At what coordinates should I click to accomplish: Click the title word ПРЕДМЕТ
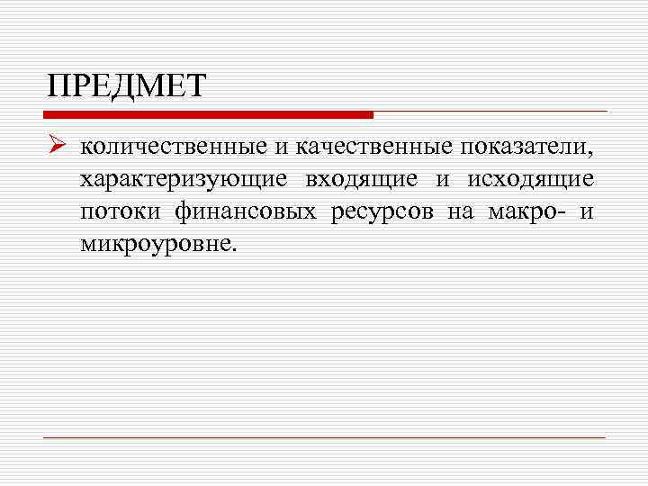[x=127, y=87]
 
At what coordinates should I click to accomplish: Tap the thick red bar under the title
[x=208, y=115]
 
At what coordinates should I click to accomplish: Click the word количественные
[x=169, y=147]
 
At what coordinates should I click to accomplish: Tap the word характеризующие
[x=184, y=180]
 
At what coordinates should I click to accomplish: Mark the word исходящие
[x=530, y=180]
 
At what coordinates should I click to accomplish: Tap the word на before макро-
[x=458, y=212]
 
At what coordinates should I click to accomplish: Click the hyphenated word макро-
[x=526, y=212]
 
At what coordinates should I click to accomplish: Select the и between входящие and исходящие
[x=442, y=180]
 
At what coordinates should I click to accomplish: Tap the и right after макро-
[x=587, y=212]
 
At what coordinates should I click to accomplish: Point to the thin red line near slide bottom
[x=324, y=437]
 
